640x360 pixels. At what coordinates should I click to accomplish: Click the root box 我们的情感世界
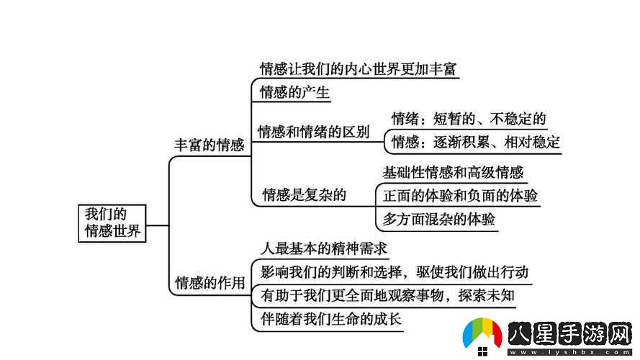click(112, 223)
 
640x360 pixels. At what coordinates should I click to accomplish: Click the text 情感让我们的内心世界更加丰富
click(359, 69)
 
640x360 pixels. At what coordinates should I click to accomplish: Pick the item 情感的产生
click(294, 93)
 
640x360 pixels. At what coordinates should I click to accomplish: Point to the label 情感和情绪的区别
click(313, 132)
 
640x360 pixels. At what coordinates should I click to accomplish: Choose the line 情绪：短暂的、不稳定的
click(468, 119)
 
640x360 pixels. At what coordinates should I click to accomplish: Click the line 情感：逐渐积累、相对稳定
click(475, 142)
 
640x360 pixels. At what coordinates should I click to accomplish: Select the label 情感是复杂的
click(305, 194)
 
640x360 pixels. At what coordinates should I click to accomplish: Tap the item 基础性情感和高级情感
click(453, 172)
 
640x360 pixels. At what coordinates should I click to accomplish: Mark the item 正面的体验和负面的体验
click(460, 195)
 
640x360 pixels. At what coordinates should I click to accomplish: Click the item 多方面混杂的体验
click(438, 220)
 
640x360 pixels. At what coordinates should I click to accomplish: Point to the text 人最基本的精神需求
click(324, 248)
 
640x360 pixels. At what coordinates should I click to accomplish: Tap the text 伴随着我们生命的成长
click(330, 319)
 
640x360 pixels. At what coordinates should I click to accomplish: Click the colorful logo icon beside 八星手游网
click(482, 336)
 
